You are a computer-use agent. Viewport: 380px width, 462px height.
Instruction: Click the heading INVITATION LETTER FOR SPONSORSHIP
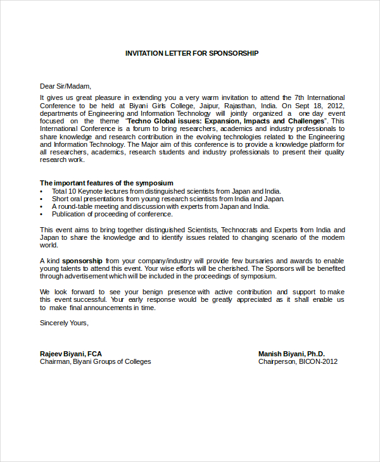[x=191, y=53]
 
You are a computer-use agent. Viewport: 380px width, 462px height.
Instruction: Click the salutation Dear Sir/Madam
[x=66, y=86]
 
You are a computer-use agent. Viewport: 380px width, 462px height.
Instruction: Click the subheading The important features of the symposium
[x=106, y=183]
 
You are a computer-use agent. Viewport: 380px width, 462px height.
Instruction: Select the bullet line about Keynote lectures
[x=166, y=191]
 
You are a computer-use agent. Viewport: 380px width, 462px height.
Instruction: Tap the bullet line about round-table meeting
[x=160, y=206]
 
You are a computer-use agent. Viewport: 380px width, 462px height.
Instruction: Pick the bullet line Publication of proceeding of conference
[x=112, y=214]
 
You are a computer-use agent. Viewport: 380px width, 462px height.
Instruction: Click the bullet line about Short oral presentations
[x=168, y=199]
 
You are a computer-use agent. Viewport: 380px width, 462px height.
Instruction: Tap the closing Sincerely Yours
[x=64, y=322]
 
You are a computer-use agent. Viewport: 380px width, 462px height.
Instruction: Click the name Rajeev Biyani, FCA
[x=71, y=354]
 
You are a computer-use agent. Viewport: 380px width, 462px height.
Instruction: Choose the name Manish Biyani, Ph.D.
[x=291, y=354]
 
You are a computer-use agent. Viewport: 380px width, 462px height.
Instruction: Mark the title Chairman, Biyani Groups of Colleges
[x=96, y=362]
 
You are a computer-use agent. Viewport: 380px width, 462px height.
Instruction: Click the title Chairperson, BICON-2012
[x=298, y=362]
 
